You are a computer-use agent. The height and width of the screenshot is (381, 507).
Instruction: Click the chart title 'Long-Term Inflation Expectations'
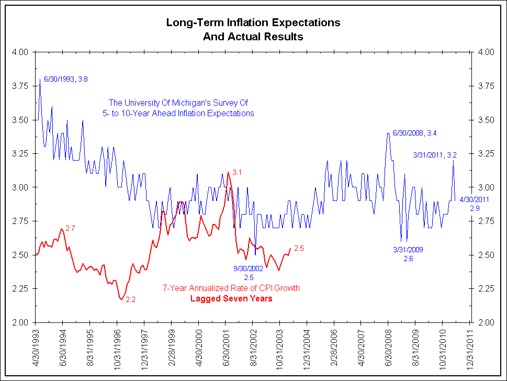(253, 23)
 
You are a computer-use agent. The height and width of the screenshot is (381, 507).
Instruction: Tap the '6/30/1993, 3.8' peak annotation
(65, 79)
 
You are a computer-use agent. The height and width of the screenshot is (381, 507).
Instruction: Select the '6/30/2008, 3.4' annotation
(414, 133)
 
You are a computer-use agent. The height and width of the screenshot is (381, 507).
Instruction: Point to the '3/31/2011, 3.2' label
(435, 155)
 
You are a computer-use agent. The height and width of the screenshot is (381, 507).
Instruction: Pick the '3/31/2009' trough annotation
(408, 250)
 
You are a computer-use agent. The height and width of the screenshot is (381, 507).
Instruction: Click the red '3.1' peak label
(238, 172)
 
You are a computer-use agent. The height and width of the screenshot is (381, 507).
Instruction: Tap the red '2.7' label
(71, 229)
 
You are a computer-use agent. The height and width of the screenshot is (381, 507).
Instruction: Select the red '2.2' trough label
(131, 300)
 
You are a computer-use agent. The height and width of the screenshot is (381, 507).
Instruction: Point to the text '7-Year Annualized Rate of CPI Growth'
(231, 288)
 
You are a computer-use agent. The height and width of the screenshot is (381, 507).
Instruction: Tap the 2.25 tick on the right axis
(485, 288)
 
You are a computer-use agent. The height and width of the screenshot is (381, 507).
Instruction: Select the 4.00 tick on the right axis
(485, 52)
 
